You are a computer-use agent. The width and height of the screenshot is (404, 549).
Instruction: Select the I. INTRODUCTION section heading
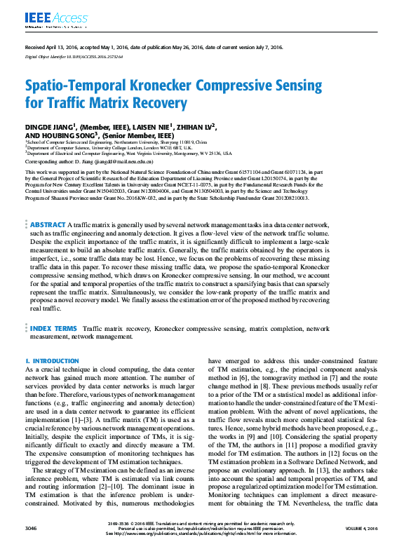pyautogui.click(x=52, y=360)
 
